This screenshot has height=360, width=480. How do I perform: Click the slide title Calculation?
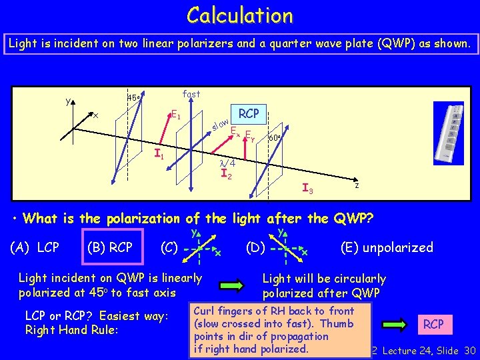click(239, 15)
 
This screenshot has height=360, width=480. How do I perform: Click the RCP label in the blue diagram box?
click(249, 114)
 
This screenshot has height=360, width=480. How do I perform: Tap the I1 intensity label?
click(159, 155)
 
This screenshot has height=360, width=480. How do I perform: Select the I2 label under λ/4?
click(227, 175)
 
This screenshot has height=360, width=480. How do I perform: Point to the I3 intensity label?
click(308, 190)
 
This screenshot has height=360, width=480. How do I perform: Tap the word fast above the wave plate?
click(191, 94)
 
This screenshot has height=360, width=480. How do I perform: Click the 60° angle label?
click(273, 139)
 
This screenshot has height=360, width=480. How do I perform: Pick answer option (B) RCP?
click(110, 248)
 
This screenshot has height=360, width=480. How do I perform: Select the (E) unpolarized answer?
click(387, 248)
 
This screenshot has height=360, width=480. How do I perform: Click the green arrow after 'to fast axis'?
click(233, 286)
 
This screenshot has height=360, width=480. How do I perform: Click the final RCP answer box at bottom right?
click(433, 325)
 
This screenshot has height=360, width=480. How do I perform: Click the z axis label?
click(357, 185)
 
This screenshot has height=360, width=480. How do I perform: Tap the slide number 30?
click(469, 351)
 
